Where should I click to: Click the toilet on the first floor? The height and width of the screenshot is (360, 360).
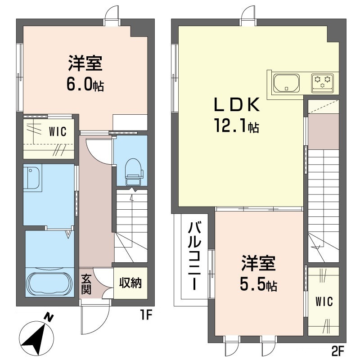(x=134, y=171)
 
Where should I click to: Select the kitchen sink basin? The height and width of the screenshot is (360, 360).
(x=286, y=83)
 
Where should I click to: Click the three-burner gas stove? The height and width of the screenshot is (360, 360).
(x=322, y=83)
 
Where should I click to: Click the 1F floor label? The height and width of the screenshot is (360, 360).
(x=146, y=315)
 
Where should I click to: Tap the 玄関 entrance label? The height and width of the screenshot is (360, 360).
(x=86, y=284)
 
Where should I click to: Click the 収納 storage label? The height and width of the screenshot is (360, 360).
(x=130, y=283)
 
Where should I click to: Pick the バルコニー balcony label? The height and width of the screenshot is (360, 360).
(x=194, y=256)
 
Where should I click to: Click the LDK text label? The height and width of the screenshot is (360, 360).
(x=237, y=104)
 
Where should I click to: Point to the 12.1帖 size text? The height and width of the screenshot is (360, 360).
(x=237, y=126)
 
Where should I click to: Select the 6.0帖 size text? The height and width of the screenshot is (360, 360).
(x=85, y=84)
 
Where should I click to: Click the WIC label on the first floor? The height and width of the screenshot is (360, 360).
(x=58, y=131)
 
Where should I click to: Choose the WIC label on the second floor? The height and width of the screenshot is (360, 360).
(x=324, y=301)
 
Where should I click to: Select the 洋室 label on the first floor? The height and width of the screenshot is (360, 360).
(x=85, y=63)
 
